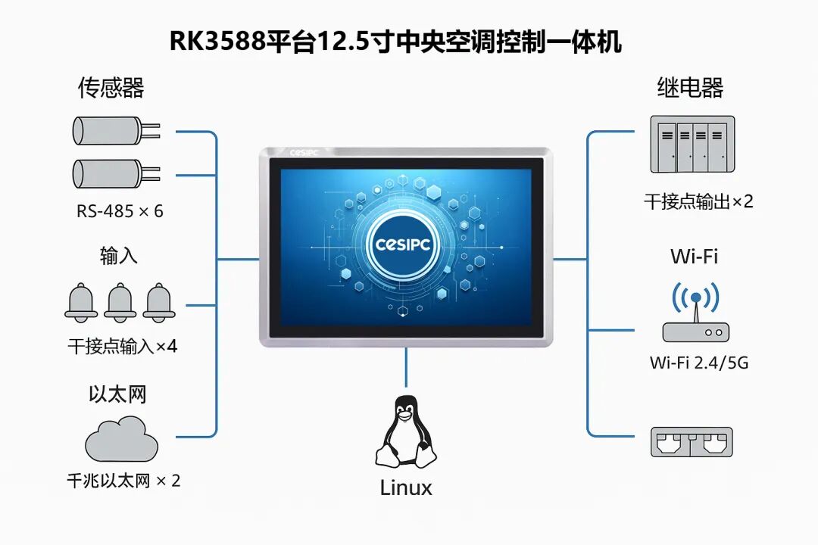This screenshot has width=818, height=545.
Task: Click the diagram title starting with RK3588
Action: point(395,42)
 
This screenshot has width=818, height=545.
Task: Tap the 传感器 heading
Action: point(111,88)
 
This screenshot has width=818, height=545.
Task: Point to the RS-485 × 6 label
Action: point(120,211)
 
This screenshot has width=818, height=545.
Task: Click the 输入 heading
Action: point(118,255)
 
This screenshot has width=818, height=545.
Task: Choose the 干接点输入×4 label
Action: point(122,347)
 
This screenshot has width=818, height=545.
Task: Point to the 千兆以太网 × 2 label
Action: point(123,481)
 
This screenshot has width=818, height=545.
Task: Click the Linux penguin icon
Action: point(406,432)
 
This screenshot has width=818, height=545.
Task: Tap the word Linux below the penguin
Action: point(406,487)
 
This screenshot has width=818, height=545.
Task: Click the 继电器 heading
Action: point(689,88)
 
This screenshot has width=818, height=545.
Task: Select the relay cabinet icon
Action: point(692,144)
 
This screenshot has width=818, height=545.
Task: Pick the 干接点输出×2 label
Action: point(698,201)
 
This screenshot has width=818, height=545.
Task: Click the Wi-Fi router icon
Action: point(695,313)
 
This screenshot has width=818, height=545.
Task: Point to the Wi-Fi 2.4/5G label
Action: point(698,363)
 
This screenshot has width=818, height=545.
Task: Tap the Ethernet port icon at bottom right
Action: point(692,442)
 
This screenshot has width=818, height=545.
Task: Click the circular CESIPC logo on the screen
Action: point(405,244)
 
